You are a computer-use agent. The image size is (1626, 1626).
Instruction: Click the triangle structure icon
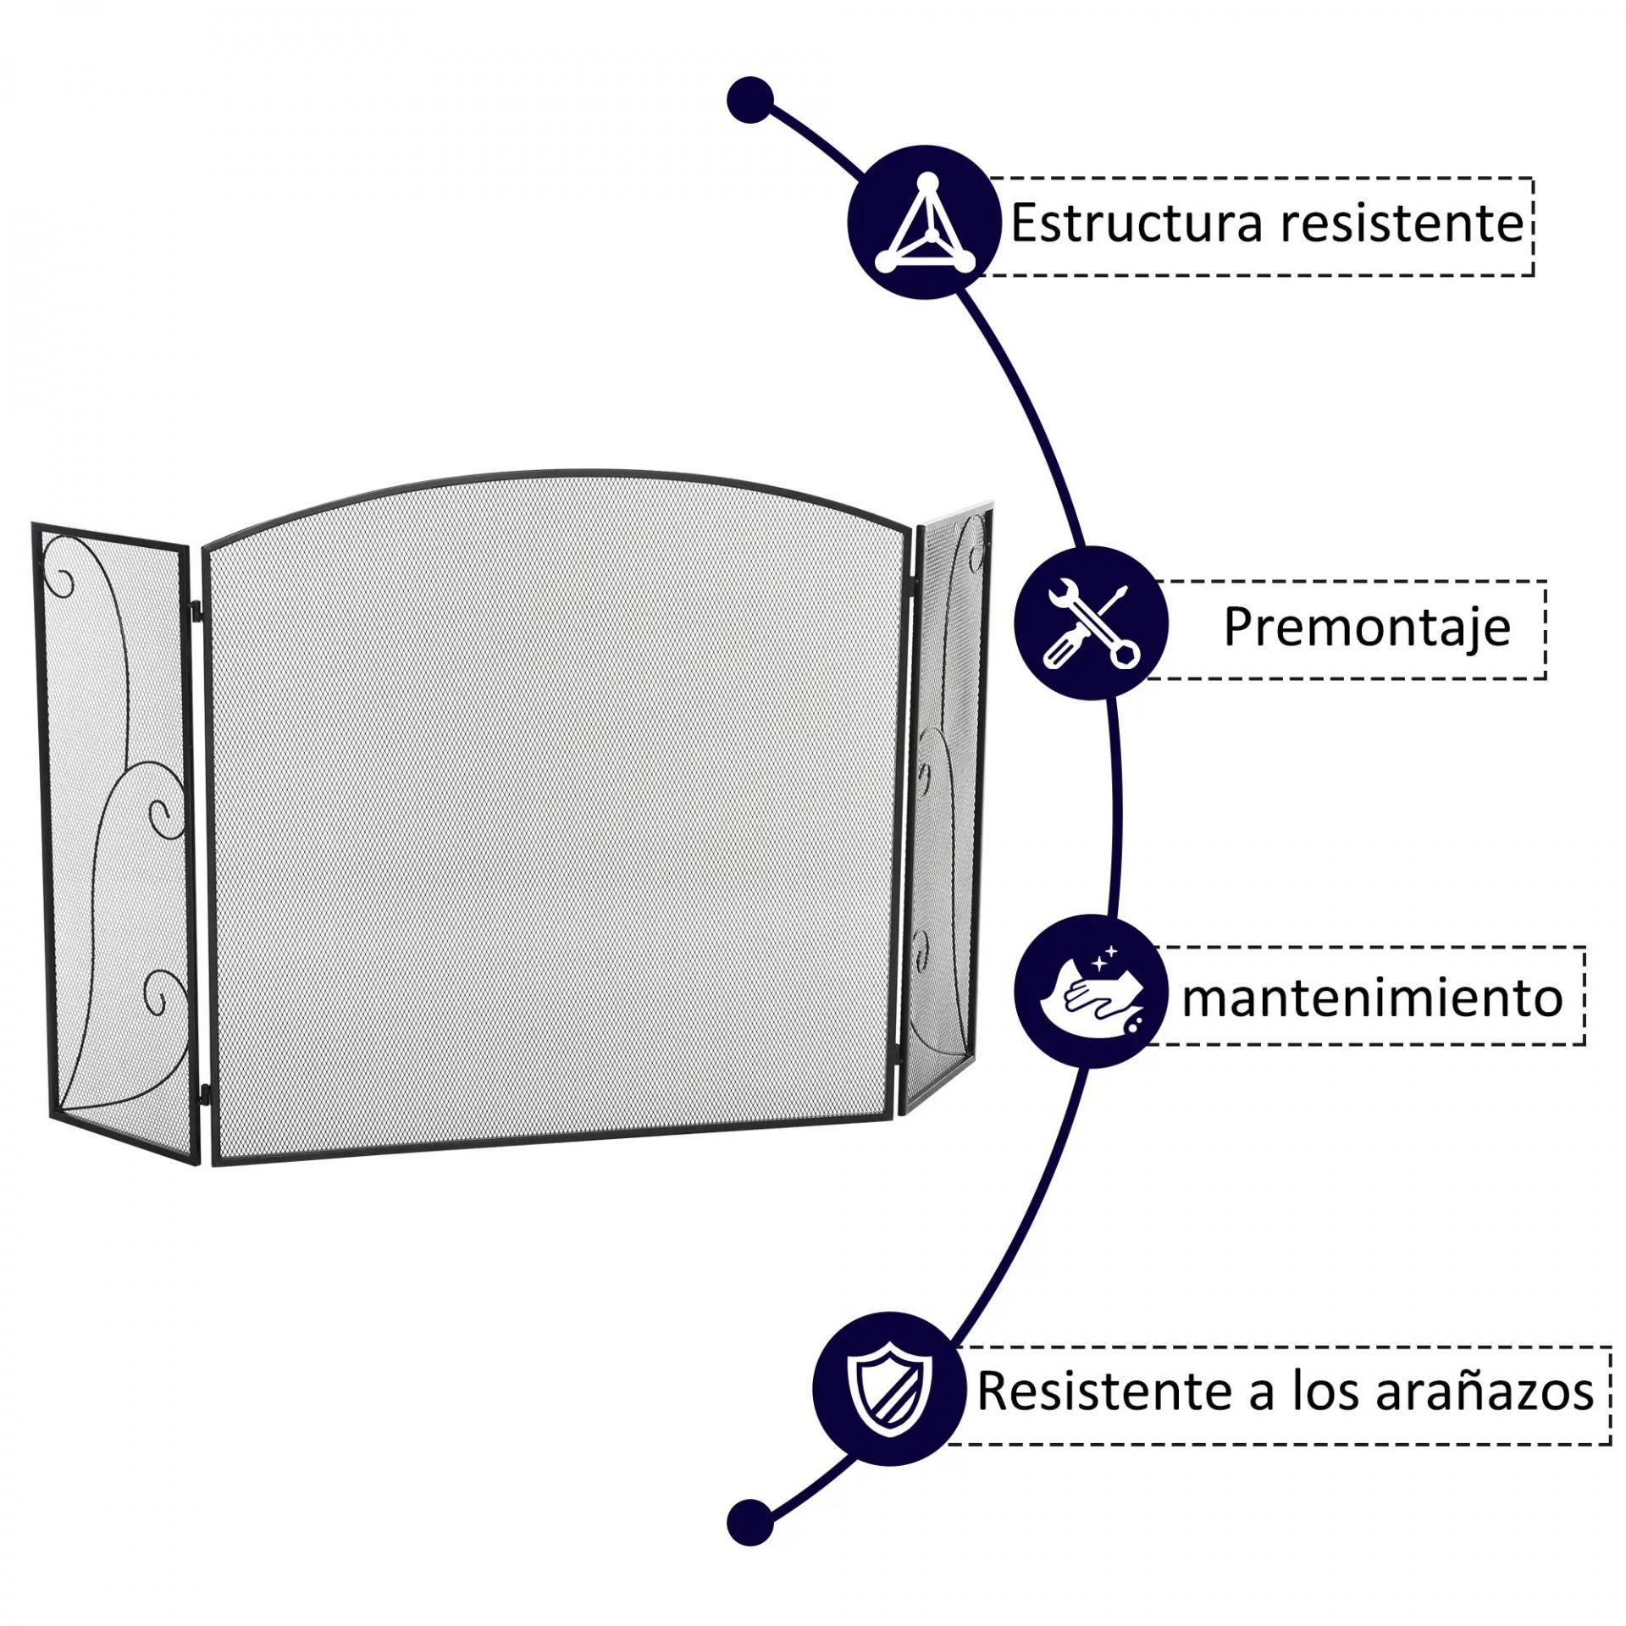pyautogui.click(x=923, y=222)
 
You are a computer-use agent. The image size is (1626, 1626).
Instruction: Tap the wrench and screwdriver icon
pyautogui.click(x=1091, y=623)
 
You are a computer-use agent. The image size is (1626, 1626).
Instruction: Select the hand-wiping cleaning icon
pyautogui.click(x=1091, y=991)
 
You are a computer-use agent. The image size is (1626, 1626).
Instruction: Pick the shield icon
pyautogui.click(x=889, y=1389)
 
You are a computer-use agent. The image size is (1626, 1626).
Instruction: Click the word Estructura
pyautogui.click(x=1137, y=224)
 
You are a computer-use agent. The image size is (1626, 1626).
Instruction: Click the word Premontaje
pyautogui.click(x=1366, y=628)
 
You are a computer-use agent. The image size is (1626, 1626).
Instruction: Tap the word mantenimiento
pyautogui.click(x=1372, y=998)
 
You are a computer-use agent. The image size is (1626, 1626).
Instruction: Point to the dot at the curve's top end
pyautogui.click(x=750, y=101)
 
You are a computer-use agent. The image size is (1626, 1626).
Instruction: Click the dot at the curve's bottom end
pyautogui.click(x=750, y=1522)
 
